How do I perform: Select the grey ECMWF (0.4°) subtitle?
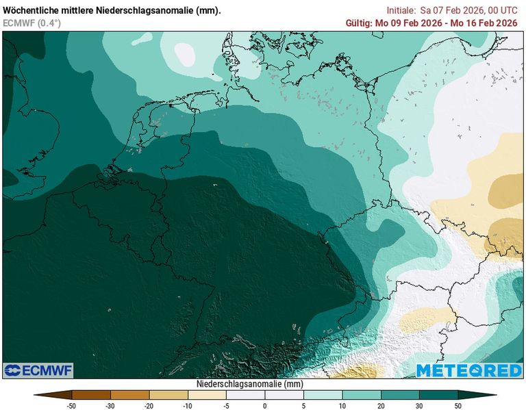pyautogui.click(x=32, y=23)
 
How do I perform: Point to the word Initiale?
pyautogui.click(x=401, y=10)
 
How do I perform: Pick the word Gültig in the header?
pyautogui.click(x=359, y=23)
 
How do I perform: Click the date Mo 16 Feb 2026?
pyautogui.click(x=485, y=23)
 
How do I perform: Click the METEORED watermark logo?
pyautogui.click(x=468, y=370)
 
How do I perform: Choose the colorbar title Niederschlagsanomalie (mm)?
pyautogui.click(x=249, y=384)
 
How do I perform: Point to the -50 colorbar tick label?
pyautogui.click(x=71, y=405)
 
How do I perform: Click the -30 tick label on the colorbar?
pyautogui.click(x=110, y=405)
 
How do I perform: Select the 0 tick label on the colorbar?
pyautogui.click(x=265, y=405)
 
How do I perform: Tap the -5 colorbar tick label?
pyautogui.click(x=227, y=405)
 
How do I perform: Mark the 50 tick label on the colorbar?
pyautogui.click(x=458, y=405)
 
